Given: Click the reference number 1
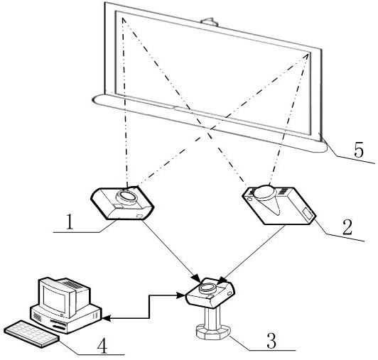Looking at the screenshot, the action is (70, 222).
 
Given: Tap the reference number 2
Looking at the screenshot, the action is (347, 227).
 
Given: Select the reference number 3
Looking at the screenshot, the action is (271, 341).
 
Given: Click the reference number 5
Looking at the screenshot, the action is (359, 150).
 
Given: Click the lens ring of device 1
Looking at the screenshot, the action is (126, 197).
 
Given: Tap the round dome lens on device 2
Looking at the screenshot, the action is (265, 192).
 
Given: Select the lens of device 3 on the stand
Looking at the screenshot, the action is (207, 288).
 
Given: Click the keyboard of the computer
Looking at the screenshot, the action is (31, 333).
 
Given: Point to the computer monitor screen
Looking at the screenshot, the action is (54, 298).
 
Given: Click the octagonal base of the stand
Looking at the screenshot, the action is (213, 332).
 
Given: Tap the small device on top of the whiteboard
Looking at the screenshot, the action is (209, 21).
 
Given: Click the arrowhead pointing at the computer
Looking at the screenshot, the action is (106, 319).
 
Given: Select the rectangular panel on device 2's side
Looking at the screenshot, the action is (308, 214).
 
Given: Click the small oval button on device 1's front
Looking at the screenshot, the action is (139, 216).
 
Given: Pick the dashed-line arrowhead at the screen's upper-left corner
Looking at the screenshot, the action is (124, 21).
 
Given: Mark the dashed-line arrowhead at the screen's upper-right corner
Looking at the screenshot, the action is (306, 56).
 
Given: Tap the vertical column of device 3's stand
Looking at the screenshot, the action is (212, 316).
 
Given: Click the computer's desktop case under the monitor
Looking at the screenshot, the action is (65, 317).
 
